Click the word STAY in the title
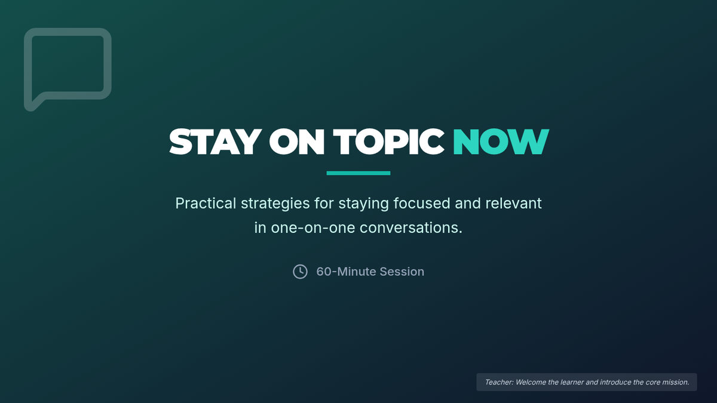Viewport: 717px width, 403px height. pyautogui.click(x=215, y=141)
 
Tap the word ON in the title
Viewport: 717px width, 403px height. pyautogui.click(x=297, y=141)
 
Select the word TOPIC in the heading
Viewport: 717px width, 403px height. pyautogui.click(x=388, y=141)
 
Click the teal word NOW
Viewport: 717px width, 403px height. pyautogui.click(x=501, y=141)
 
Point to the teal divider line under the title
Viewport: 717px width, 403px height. pyautogui.click(x=358, y=173)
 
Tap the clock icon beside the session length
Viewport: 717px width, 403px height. pyautogui.click(x=300, y=272)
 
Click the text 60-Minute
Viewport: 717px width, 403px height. pyautogui.click(x=346, y=272)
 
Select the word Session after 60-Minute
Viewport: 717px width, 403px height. pyautogui.click(x=402, y=272)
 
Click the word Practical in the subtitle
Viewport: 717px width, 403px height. pyautogui.click(x=206, y=204)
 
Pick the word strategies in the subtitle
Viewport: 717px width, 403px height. pyautogui.click(x=275, y=204)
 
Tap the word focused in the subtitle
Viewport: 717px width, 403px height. pyautogui.click(x=422, y=204)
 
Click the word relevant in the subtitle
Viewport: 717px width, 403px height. pyautogui.click(x=513, y=204)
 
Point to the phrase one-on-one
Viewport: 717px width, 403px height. pyautogui.click(x=312, y=228)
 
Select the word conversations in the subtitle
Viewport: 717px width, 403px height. pyautogui.click(x=410, y=228)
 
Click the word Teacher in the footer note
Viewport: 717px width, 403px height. pyautogui.click(x=499, y=382)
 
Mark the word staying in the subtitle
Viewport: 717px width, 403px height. pyautogui.click(x=364, y=204)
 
